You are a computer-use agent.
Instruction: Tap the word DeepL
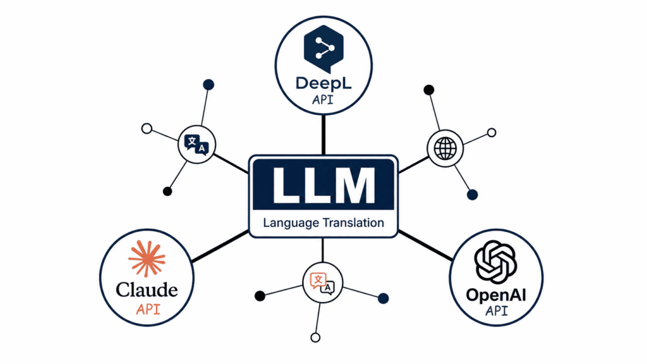(323, 83)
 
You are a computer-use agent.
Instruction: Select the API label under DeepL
(323, 100)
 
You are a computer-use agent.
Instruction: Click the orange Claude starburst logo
(147, 258)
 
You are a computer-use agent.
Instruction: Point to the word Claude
(147, 289)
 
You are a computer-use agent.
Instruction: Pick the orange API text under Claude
(148, 309)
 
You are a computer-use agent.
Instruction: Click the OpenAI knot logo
(495, 262)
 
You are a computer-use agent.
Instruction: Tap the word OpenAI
(496, 296)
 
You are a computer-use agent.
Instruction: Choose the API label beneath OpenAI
(497, 311)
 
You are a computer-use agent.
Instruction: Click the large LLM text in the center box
(323, 185)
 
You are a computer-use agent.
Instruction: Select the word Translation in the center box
(353, 223)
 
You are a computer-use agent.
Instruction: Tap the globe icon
(445, 149)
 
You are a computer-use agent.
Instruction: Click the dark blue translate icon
(197, 145)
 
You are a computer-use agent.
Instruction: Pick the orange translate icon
(322, 283)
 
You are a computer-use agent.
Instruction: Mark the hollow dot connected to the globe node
(492, 133)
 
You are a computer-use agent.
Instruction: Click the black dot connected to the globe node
(429, 90)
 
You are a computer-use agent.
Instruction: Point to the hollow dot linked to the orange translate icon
(315, 337)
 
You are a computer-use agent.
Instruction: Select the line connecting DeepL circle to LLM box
(323, 135)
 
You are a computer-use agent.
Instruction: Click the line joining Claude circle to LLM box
(221, 246)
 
